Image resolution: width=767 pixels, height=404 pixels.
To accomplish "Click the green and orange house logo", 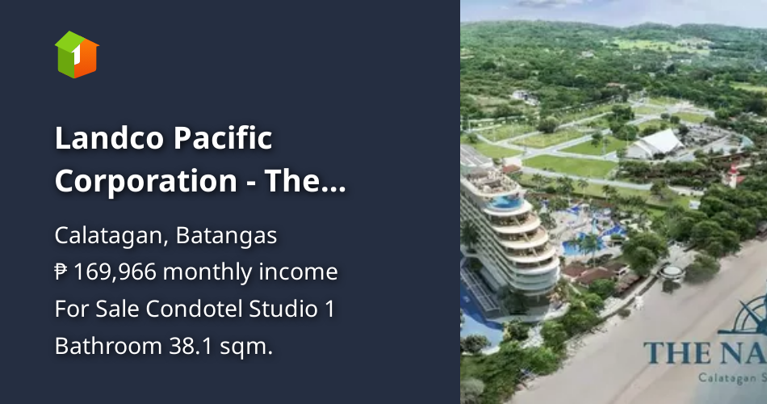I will coord(77,55).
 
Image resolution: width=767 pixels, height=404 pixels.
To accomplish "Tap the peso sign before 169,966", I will coord(61,272).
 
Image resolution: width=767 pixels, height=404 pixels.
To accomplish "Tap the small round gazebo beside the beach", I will coord(672,273).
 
